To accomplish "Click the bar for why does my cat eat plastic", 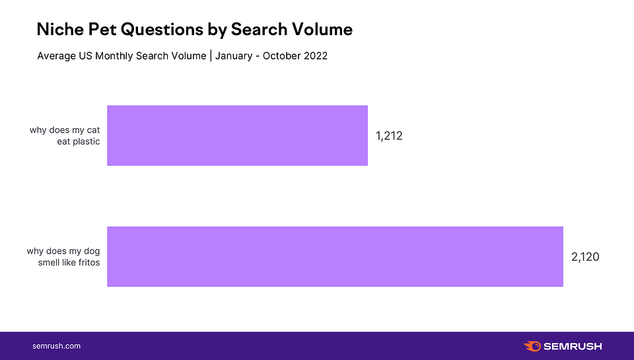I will (237, 135).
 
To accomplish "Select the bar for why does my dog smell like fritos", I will (335, 256).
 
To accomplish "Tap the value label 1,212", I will (389, 136).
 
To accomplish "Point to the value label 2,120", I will (585, 257).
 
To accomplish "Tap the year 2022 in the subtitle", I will (315, 56).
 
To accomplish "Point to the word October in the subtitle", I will (281, 56).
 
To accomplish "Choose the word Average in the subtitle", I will (56, 56).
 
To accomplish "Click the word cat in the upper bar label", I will (92, 130).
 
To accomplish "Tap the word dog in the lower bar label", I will (91, 251).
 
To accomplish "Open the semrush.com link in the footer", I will (56, 346).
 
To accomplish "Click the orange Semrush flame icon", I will (532, 346).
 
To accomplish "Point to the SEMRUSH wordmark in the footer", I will (573, 346).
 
